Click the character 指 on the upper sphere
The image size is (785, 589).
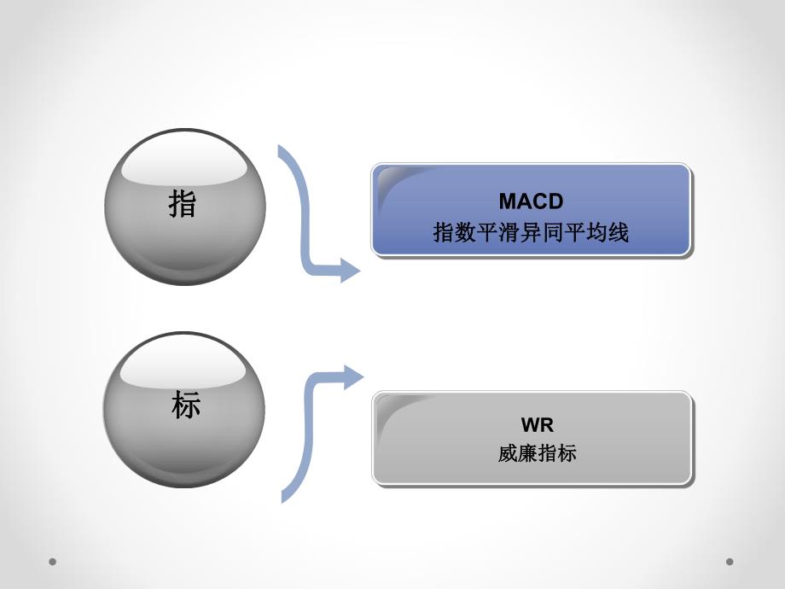point(183,205)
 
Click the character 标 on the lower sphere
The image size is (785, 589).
point(185,405)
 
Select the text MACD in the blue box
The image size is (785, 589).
point(532,201)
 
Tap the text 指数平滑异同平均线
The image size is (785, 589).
point(531,232)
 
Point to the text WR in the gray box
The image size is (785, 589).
point(532,425)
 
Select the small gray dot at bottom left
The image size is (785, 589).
point(53,562)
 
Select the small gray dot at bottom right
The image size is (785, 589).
point(730,562)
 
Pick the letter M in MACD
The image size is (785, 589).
point(507,201)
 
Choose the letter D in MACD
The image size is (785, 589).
point(556,201)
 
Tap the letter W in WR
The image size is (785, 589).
point(526,425)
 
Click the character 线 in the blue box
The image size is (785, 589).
point(619,232)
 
